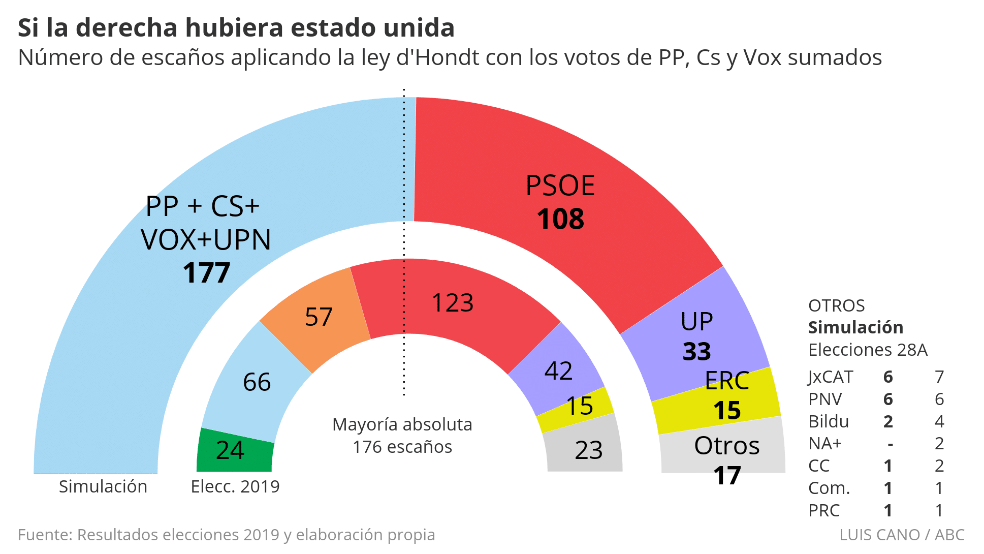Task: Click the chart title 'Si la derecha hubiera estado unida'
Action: [x=236, y=28]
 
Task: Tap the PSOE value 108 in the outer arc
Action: [x=560, y=220]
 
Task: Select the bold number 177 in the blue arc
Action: [x=207, y=273]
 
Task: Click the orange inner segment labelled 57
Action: [x=319, y=317]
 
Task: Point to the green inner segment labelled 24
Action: [x=230, y=450]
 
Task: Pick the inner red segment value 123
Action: [x=452, y=303]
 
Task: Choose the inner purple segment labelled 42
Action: [x=558, y=371]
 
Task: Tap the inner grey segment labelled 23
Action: [x=589, y=450]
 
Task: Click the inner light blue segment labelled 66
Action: [x=257, y=382]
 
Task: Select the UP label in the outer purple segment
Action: [x=696, y=322]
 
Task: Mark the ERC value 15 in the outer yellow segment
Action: [x=727, y=411]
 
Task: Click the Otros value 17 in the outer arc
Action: [x=727, y=476]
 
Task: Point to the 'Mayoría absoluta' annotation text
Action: [x=402, y=424]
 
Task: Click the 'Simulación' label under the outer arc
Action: [x=103, y=487]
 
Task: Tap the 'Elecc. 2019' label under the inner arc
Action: [x=235, y=487]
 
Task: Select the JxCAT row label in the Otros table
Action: [x=831, y=377]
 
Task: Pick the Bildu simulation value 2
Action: [x=888, y=422]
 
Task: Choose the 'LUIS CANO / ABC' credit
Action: [x=902, y=535]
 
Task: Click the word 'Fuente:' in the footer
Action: [x=46, y=535]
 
